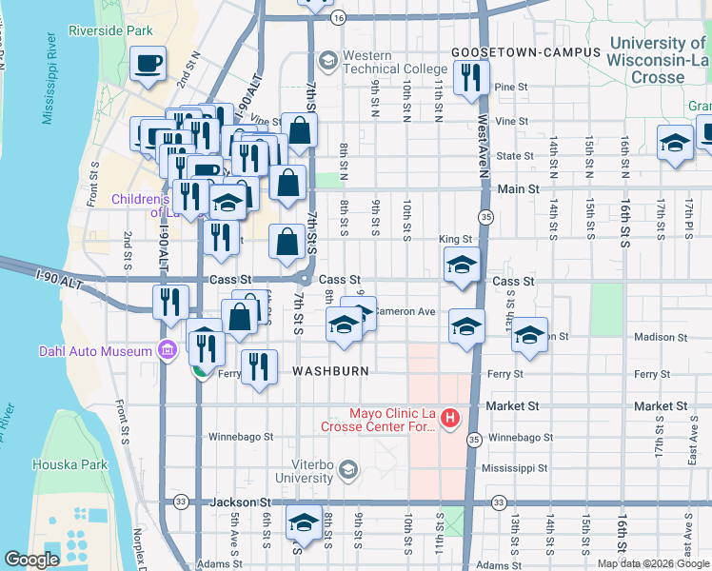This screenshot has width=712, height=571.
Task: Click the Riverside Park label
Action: (x=110, y=30)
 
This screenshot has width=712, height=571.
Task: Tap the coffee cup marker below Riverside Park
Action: (x=148, y=65)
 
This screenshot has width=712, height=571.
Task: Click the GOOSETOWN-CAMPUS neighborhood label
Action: (x=525, y=51)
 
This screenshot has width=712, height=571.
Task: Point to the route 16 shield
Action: (x=338, y=17)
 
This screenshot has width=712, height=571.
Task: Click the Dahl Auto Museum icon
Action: (x=169, y=351)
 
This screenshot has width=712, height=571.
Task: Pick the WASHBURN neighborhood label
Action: (x=329, y=371)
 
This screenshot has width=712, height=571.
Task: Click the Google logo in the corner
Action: (x=30, y=561)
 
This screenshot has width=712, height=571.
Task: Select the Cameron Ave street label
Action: (x=405, y=311)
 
